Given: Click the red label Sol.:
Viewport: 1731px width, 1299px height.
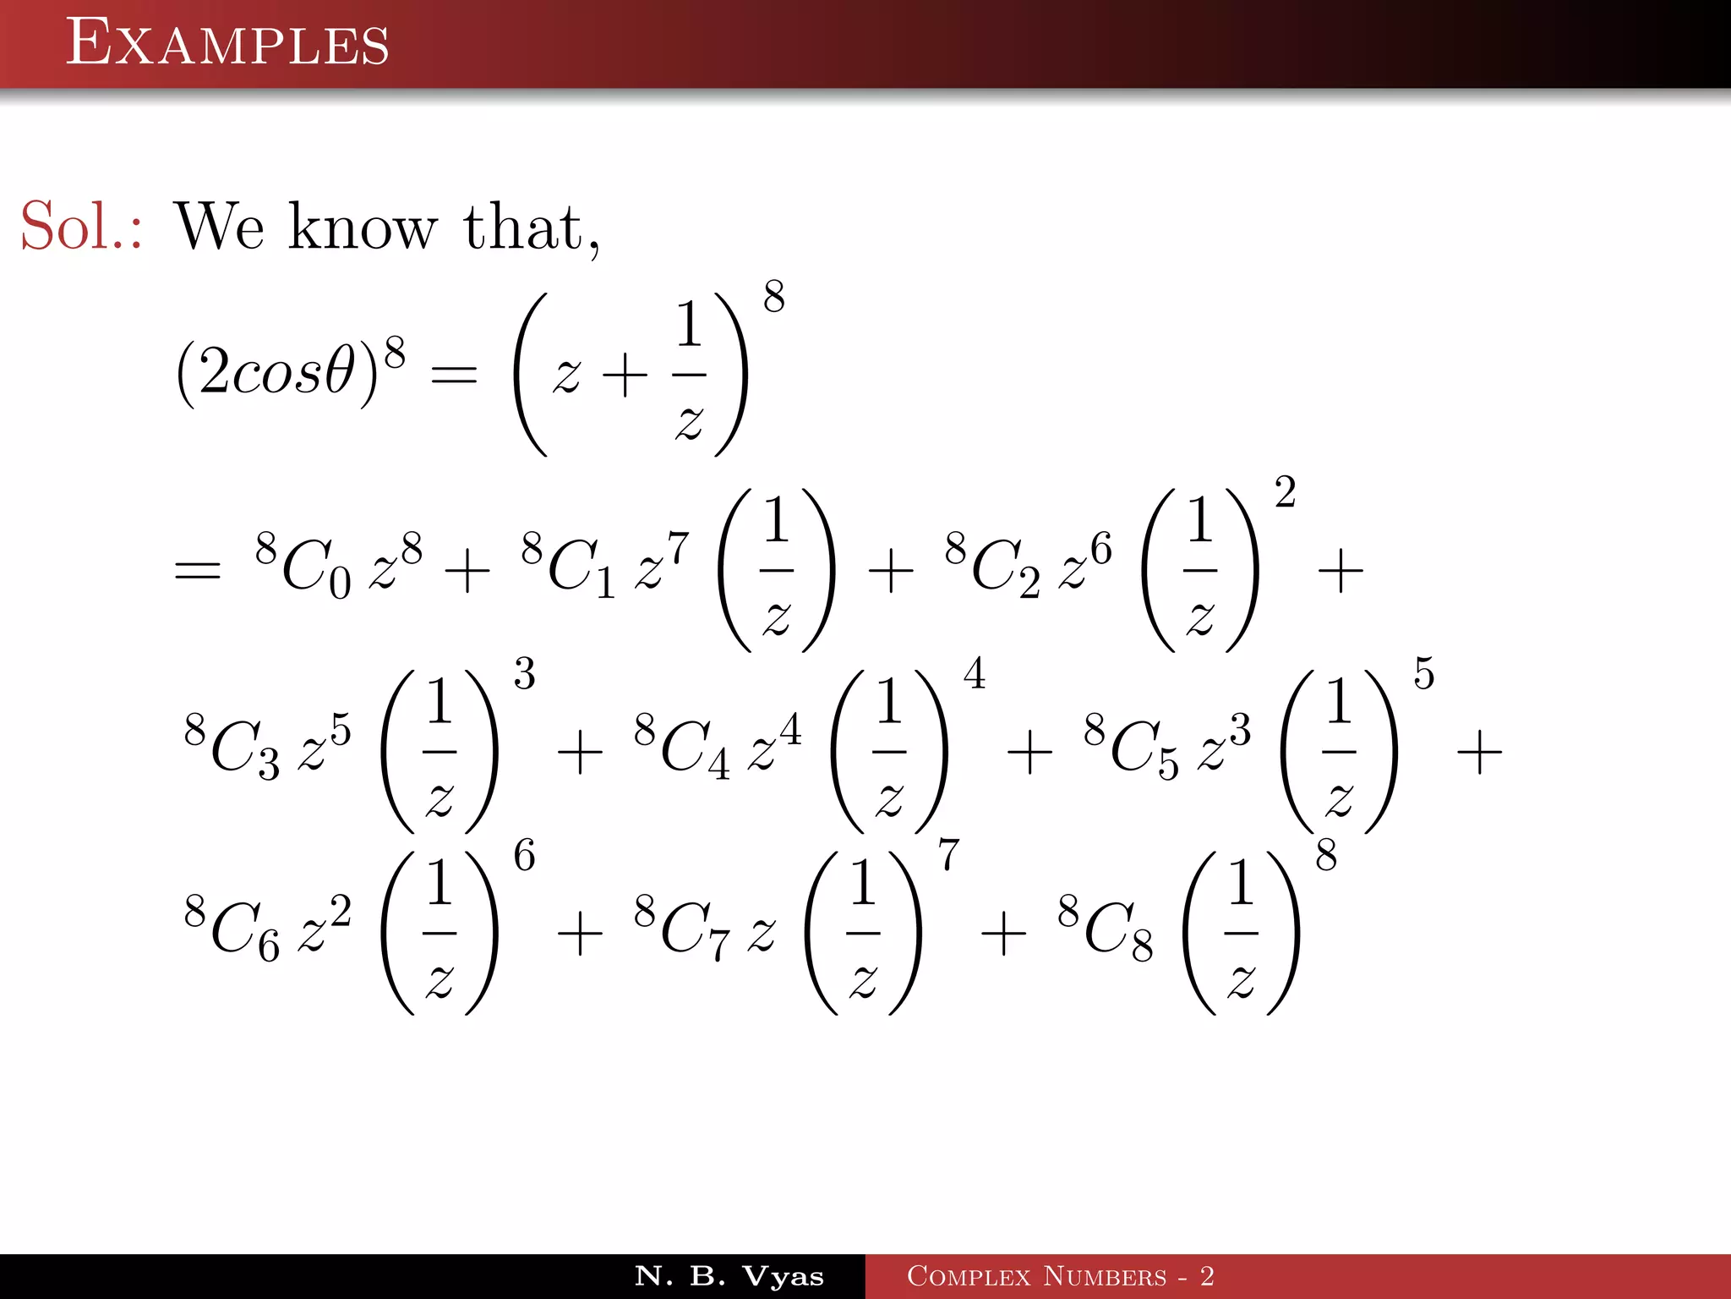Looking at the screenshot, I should coord(81,227).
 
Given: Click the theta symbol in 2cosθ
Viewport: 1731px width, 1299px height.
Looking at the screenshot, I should coord(339,372).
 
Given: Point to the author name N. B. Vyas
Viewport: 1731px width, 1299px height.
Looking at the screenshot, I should coord(729,1276).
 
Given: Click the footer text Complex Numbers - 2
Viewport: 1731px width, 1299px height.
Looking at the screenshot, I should coord(1060,1276).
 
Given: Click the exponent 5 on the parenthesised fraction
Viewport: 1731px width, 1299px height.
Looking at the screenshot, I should coord(1423,674).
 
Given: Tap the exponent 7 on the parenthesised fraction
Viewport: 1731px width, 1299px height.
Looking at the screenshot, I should coord(948,855).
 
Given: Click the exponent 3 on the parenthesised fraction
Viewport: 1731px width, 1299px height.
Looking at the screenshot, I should coord(524,674).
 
